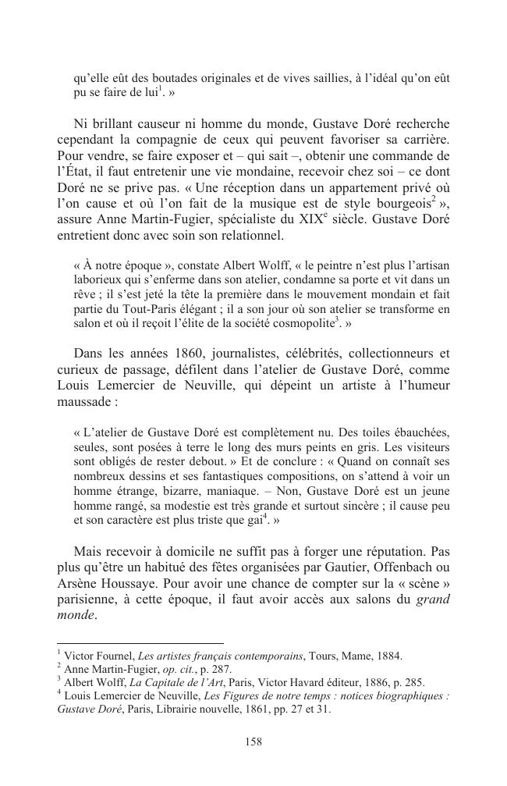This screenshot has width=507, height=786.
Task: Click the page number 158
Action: coord(253,742)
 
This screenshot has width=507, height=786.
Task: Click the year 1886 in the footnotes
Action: coord(368,682)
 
